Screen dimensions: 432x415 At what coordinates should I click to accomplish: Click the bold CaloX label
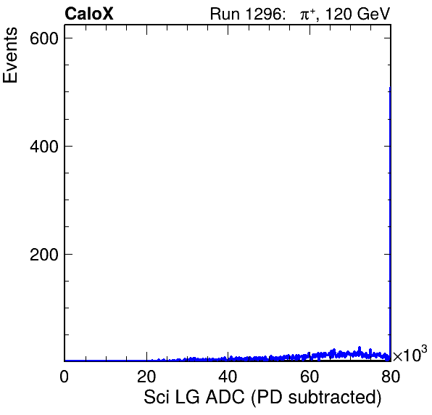point(89,14)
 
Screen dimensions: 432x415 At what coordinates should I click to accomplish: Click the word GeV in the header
point(373,14)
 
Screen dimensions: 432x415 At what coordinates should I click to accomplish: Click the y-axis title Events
point(10,55)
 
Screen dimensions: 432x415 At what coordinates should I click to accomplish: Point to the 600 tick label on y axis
point(44,38)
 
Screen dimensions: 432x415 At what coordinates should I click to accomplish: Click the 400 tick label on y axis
point(44,147)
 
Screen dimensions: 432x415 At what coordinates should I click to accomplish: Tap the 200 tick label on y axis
point(44,255)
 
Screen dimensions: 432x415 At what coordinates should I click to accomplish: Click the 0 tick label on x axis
point(65,376)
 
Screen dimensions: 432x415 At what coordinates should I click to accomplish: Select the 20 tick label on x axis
point(146,376)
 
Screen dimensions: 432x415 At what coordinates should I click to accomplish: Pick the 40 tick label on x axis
point(228,376)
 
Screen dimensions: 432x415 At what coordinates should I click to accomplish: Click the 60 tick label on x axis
point(310,376)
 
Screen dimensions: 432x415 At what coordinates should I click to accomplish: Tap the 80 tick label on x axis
point(391,376)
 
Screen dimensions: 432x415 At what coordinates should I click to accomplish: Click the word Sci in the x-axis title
point(157,398)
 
